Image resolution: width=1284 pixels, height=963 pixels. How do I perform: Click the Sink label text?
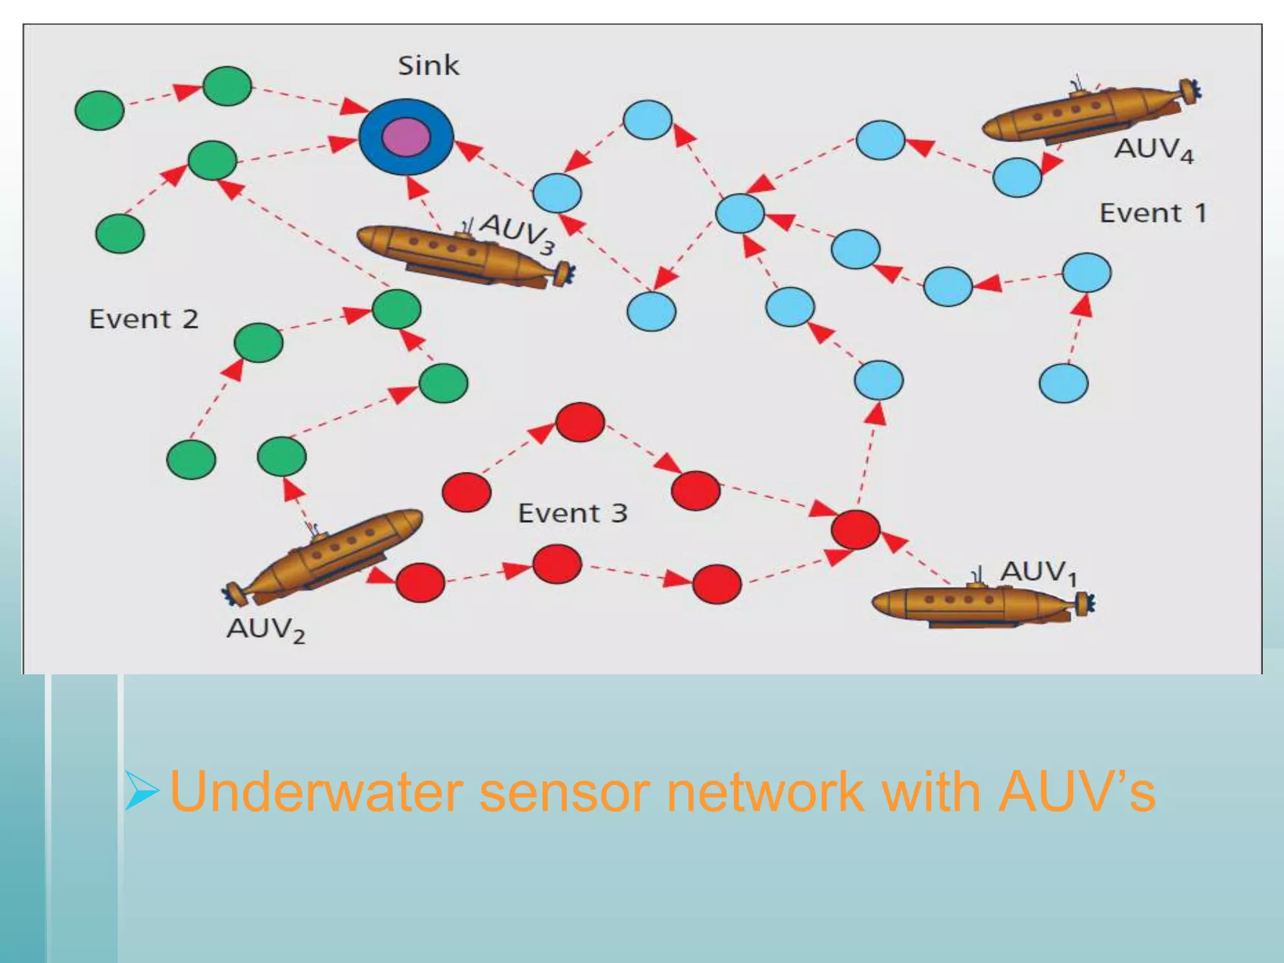tap(428, 66)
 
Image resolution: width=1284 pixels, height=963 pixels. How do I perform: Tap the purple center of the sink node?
tap(406, 137)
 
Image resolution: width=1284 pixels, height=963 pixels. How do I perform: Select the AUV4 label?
tap(1154, 150)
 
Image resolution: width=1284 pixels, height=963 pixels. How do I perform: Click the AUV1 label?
tap(1038, 572)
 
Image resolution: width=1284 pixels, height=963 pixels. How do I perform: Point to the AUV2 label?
tap(266, 629)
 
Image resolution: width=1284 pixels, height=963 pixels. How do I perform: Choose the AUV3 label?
tap(518, 233)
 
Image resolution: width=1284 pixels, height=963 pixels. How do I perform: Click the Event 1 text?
tap(1153, 213)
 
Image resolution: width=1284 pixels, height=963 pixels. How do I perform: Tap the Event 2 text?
tap(144, 319)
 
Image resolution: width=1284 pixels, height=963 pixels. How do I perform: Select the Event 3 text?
tap(572, 513)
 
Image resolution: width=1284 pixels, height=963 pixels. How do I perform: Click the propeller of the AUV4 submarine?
tap(1189, 92)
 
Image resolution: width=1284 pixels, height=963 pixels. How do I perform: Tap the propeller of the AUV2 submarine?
tap(234, 593)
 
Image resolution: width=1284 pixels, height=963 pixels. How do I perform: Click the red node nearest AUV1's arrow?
tap(855, 530)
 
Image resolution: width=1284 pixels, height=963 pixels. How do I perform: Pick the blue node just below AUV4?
tap(1017, 177)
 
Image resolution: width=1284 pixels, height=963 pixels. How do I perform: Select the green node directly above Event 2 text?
tap(120, 233)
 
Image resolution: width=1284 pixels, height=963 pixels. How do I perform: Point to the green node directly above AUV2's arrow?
tap(282, 456)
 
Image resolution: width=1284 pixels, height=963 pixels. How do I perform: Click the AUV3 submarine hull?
tap(451, 253)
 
